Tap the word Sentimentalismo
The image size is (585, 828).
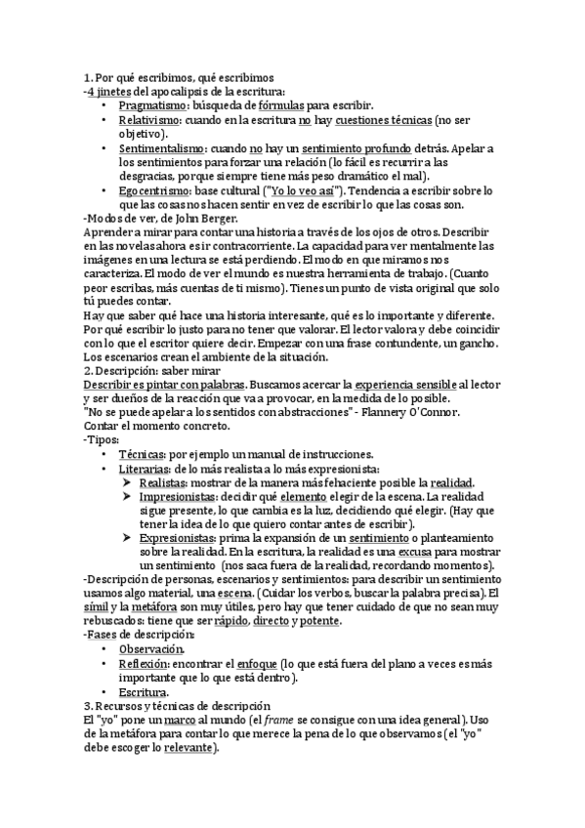coord(161,147)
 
